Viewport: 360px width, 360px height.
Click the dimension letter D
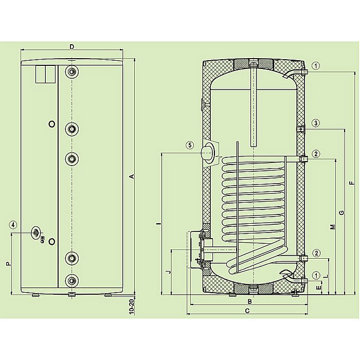click(x=72, y=46)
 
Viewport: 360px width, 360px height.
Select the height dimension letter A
click(x=132, y=176)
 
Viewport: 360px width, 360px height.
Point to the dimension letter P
click(x=8, y=264)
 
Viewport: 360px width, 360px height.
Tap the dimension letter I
click(x=158, y=223)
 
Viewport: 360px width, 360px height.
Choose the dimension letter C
click(x=247, y=311)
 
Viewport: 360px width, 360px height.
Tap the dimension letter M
click(x=333, y=226)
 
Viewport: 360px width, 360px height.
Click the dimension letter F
click(x=351, y=183)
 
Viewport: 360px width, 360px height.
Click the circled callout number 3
click(x=316, y=123)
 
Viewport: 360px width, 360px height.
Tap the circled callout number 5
click(x=189, y=146)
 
